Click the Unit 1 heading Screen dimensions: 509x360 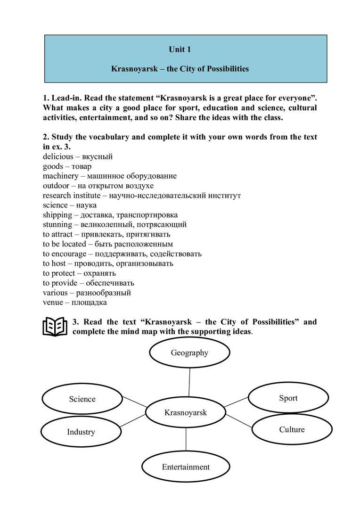point(180,49)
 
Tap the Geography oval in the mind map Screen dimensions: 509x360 point(189,353)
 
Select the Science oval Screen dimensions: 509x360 point(82,399)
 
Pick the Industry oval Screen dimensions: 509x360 point(81,432)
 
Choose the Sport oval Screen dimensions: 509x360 point(288,398)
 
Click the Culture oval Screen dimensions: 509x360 point(292,429)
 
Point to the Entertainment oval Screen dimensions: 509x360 point(186,467)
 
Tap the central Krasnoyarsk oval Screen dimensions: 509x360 point(186,413)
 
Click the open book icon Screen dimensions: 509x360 point(55,327)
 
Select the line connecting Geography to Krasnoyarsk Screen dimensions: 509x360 point(189,382)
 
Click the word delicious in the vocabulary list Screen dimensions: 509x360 point(57,156)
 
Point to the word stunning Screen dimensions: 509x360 point(57,224)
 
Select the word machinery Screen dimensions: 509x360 point(61,176)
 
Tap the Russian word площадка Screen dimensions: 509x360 point(91,303)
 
